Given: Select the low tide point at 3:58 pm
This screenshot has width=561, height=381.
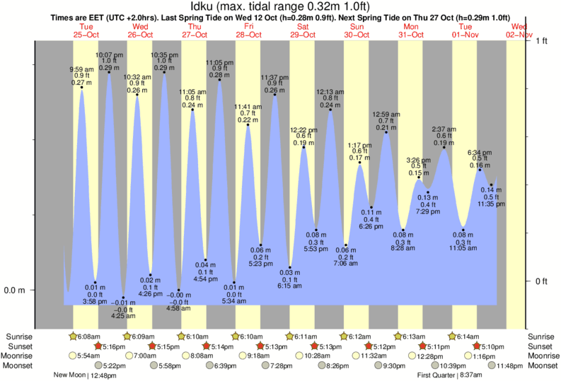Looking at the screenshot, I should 95,282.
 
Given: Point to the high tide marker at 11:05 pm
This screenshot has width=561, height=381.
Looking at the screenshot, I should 219,80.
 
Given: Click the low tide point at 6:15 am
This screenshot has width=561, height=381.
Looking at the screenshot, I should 289,267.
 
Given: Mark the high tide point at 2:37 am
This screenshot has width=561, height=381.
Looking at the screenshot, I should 444,147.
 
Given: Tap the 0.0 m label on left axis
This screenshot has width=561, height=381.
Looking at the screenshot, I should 16,290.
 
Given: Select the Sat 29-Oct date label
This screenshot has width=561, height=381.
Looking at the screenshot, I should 303,30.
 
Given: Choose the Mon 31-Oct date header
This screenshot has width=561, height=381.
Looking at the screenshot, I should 412,30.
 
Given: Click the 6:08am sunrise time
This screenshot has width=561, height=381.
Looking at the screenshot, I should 88,336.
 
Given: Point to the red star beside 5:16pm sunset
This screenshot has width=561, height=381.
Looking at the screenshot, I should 98,346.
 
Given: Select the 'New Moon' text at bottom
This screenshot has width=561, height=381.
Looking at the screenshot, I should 69,375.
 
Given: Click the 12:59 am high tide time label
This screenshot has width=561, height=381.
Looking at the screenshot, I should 386,114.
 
